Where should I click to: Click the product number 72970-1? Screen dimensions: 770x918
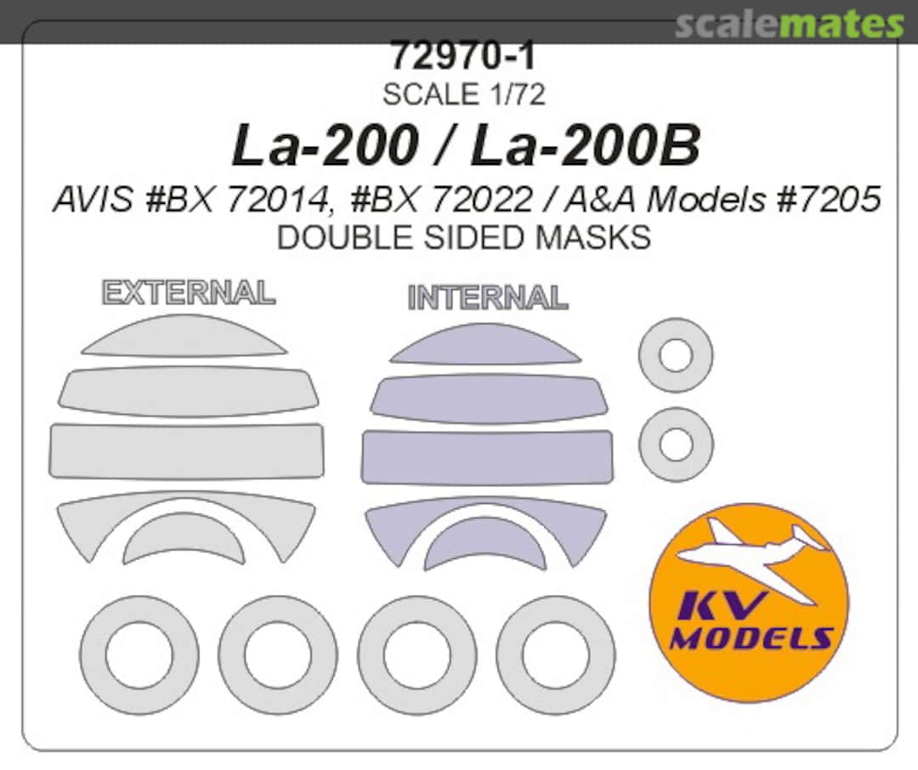[x=463, y=56]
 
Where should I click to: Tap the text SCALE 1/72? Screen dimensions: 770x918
[x=463, y=94]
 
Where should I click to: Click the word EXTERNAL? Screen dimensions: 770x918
[x=188, y=292]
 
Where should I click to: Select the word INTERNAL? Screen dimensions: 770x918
[x=487, y=298]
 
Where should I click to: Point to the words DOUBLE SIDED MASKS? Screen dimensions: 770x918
[x=463, y=238]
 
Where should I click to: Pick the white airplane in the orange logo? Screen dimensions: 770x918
[x=756, y=544]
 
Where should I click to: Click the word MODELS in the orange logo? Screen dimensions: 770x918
[x=750, y=638]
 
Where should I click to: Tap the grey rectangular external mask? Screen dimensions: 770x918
[x=186, y=450]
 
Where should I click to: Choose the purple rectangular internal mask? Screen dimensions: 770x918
[x=487, y=457]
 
